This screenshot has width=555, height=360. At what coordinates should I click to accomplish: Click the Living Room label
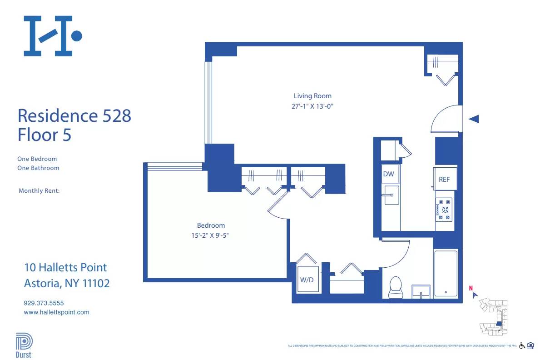[x=312, y=96]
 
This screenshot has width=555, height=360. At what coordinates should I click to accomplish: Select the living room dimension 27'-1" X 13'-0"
[x=312, y=106]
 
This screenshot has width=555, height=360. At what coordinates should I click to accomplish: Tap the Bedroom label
[x=211, y=225]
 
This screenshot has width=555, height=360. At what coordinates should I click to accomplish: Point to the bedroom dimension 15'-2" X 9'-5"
[x=211, y=235]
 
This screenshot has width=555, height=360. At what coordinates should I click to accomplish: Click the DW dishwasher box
[x=388, y=174]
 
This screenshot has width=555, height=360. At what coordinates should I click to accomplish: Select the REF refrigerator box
[x=444, y=180]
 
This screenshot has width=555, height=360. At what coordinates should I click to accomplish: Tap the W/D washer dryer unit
[x=307, y=280]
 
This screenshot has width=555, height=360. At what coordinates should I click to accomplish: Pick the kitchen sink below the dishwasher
[x=391, y=195]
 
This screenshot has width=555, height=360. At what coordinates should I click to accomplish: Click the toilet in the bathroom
[x=396, y=287]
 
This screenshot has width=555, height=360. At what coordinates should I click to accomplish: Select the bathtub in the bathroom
[x=446, y=273]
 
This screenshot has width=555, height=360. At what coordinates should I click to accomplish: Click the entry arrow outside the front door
[x=474, y=119]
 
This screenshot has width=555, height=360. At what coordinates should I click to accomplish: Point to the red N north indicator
[x=471, y=288]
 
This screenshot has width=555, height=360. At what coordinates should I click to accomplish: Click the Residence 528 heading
[x=74, y=115]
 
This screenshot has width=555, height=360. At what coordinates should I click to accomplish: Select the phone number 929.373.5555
[x=44, y=303]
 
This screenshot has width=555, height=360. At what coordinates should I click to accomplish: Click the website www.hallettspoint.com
[x=56, y=312]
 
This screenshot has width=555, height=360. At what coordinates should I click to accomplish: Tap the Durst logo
[x=24, y=345]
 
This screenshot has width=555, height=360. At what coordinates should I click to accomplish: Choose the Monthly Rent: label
[x=39, y=191]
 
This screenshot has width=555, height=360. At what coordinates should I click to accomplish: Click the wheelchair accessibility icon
[x=522, y=346]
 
